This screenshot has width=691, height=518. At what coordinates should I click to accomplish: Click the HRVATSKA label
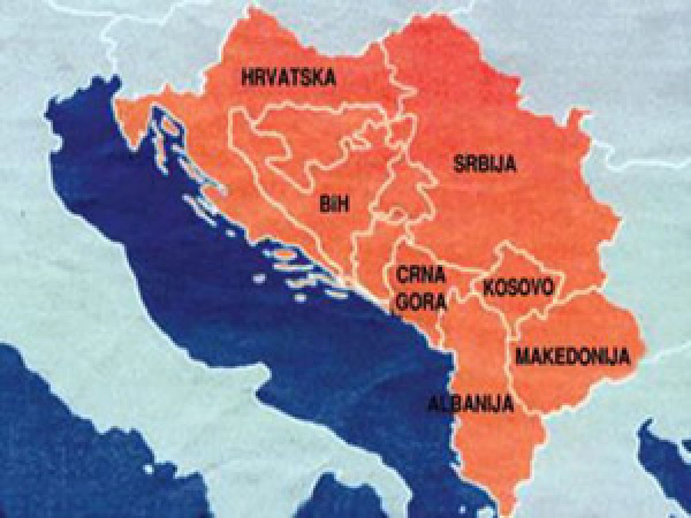click(x=288, y=78)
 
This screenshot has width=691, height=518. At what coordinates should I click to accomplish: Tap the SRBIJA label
click(x=484, y=165)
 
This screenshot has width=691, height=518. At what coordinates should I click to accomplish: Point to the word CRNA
click(x=421, y=275)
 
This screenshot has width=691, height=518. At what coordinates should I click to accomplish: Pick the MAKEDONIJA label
click(x=572, y=357)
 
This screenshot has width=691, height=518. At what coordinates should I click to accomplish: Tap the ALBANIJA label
click(x=470, y=404)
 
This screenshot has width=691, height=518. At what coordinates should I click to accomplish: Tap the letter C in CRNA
click(x=401, y=275)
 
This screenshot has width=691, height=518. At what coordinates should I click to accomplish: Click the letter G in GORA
click(x=402, y=302)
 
